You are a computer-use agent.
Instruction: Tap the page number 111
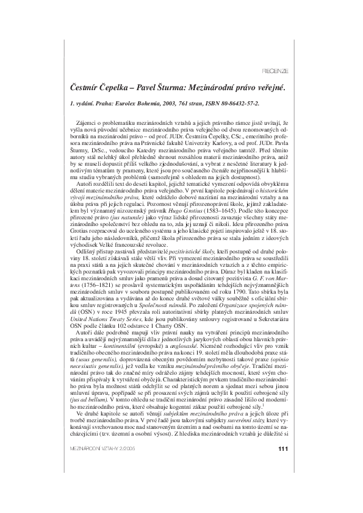[x=282, y=484]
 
